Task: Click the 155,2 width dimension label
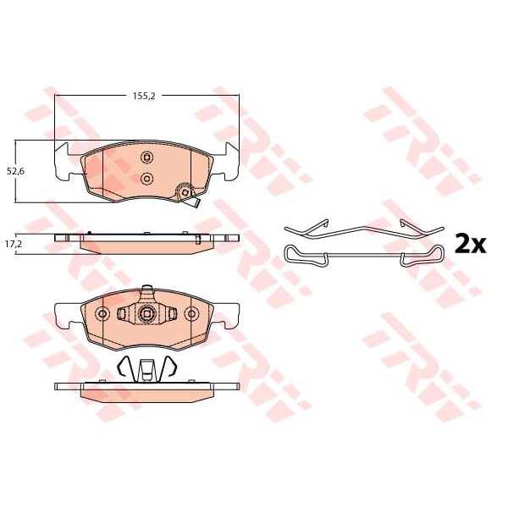pos(144,96)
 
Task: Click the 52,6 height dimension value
pos(15,171)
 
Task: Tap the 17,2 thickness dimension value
pos(14,244)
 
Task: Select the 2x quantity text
pos(471,245)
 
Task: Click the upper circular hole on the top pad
pos(146,157)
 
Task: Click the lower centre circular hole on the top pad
pos(146,178)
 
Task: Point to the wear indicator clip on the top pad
pos(187,195)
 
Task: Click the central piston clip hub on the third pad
pos(146,313)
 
